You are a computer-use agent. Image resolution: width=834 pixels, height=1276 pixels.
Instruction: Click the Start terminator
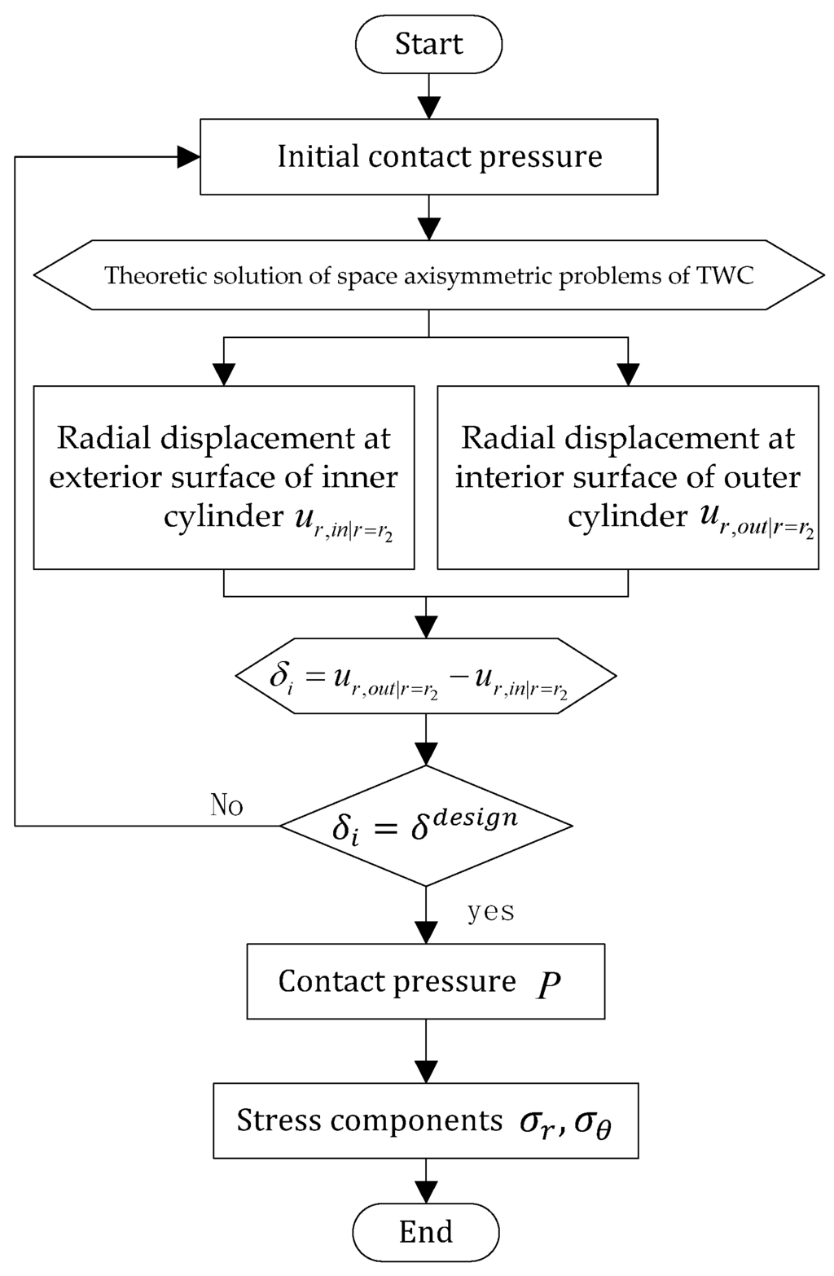pos(428,44)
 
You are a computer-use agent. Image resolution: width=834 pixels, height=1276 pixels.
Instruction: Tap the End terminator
pos(425,1231)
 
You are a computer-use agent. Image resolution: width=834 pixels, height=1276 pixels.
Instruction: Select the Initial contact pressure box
pos(428,156)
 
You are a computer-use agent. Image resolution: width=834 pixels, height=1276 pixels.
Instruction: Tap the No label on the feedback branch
pos(226,805)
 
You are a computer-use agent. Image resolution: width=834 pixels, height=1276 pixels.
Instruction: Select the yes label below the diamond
pos(490,911)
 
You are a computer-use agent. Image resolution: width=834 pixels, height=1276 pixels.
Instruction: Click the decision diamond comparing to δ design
pos(425,826)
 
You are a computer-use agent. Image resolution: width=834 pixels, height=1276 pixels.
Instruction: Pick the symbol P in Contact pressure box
pos(548,985)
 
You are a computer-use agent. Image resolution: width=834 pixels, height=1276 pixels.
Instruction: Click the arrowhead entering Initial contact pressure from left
pos(189,156)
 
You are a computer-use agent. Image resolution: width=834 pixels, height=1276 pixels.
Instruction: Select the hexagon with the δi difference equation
pos(425,677)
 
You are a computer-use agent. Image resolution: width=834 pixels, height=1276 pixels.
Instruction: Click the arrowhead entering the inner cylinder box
pos(223,374)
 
